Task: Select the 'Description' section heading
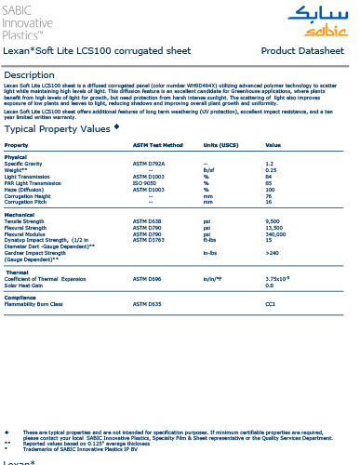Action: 36,74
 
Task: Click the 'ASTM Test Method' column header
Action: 158,146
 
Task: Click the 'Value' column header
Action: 273,146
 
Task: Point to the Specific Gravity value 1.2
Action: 270,163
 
